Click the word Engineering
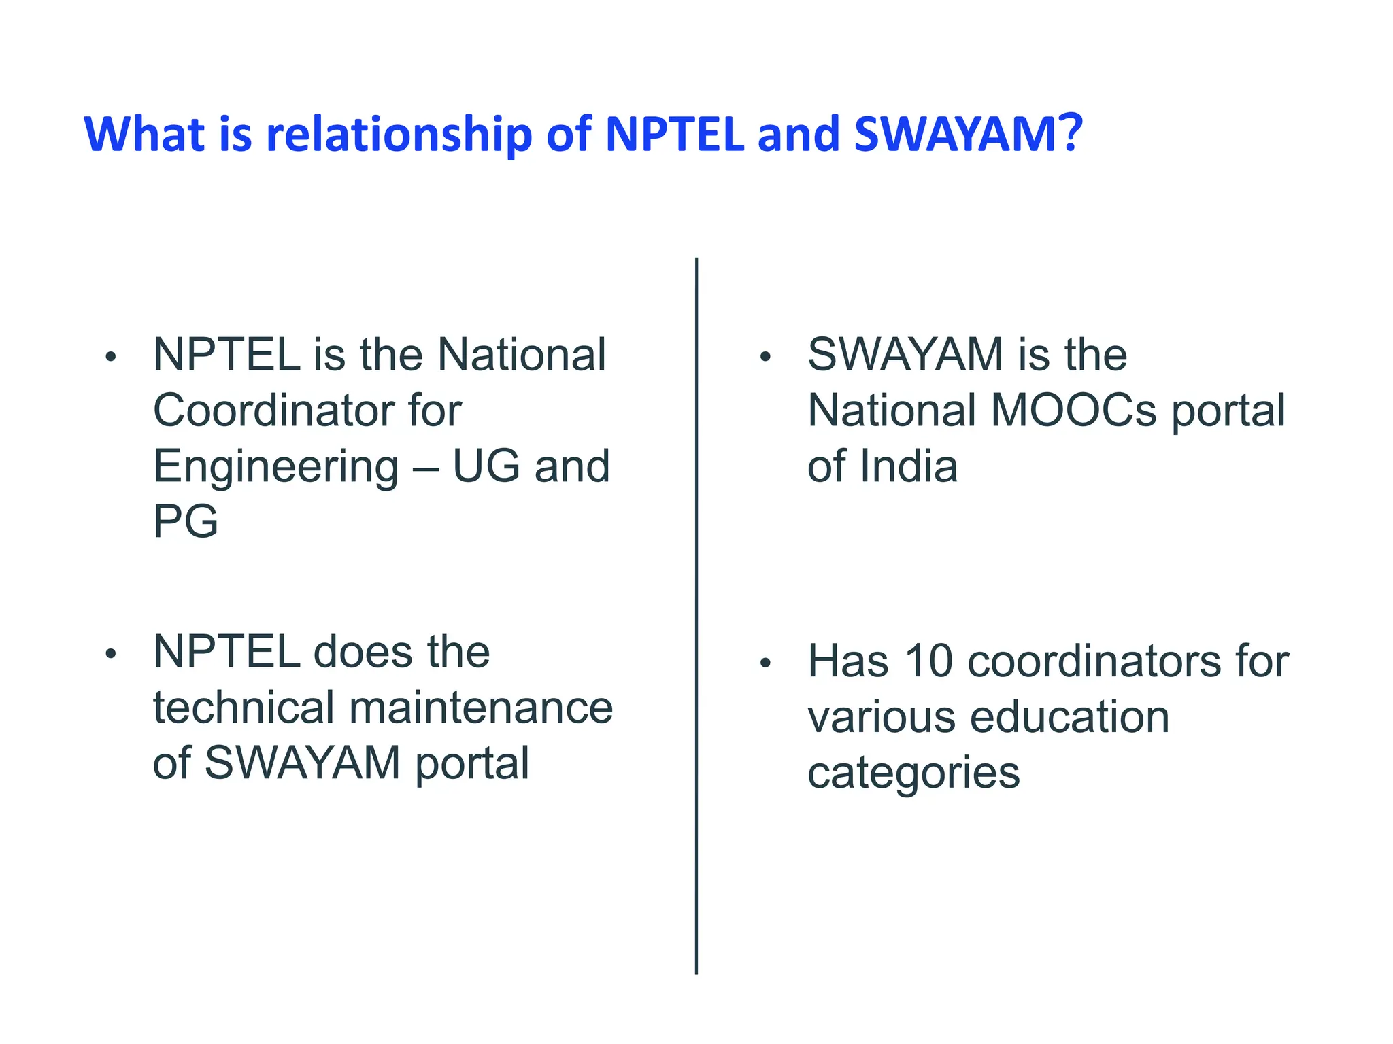(x=275, y=468)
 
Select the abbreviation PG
(x=186, y=522)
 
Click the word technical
(x=243, y=708)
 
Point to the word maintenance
(x=480, y=708)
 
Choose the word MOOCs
(x=1073, y=411)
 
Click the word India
(x=908, y=466)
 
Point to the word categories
(x=913, y=773)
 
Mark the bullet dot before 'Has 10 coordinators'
(x=765, y=663)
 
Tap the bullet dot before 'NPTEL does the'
(x=111, y=654)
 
